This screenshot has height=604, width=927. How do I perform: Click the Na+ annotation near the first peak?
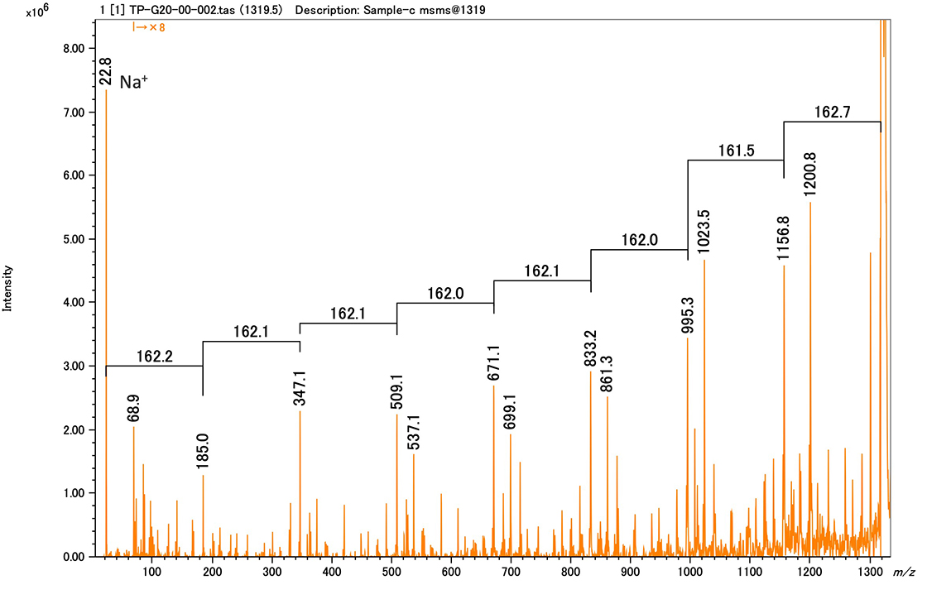(x=134, y=83)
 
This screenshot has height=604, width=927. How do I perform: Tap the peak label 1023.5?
(x=704, y=233)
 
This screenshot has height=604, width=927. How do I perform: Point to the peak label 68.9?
(x=134, y=408)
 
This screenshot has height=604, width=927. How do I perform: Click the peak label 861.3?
(x=608, y=375)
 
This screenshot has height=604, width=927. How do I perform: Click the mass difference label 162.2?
(x=154, y=355)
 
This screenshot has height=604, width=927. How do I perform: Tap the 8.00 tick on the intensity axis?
(x=74, y=48)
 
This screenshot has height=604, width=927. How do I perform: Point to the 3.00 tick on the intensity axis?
(x=74, y=366)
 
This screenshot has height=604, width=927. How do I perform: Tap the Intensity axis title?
(x=7, y=288)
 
